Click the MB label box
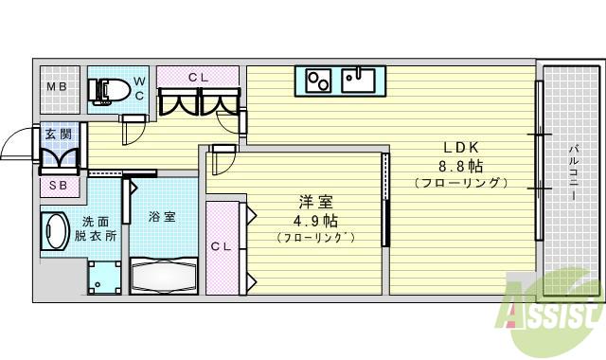coord(56,89)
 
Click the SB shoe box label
coord(58,186)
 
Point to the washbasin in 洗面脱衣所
coord(55,231)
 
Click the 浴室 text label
coord(162,217)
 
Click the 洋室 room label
coord(315,202)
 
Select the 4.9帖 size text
coord(315,220)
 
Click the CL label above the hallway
coord(199,77)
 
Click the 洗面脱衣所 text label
coord(97,228)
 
